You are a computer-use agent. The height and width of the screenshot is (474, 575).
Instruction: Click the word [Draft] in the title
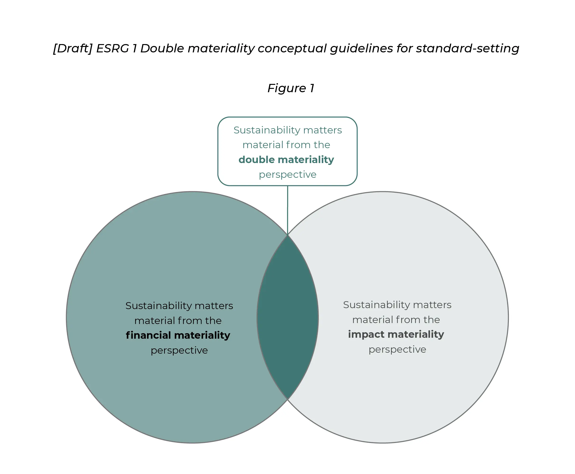coord(73,49)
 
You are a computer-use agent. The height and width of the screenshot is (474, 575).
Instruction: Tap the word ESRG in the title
coord(113,48)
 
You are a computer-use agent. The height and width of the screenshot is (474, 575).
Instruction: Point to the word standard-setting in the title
coord(467,49)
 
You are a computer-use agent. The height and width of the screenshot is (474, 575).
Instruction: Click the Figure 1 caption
coord(291,88)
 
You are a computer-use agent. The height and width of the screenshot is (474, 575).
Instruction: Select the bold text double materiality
coord(286,160)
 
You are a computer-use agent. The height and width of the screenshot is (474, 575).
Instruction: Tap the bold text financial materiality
coord(178,335)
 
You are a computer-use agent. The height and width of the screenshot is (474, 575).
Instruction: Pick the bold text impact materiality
coord(396,334)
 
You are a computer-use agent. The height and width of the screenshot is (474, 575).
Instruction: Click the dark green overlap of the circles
coord(288,317)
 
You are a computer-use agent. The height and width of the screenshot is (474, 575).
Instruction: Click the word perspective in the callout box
coord(288,174)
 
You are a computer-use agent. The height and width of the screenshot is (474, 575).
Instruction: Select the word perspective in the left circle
coord(179,350)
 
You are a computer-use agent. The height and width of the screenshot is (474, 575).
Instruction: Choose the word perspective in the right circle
coord(397,350)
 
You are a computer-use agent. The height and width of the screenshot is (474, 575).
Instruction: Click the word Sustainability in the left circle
coord(158,306)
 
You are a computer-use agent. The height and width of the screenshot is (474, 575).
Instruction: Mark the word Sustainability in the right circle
coord(376,305)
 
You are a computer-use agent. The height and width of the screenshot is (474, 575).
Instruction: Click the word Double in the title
coord(162,48)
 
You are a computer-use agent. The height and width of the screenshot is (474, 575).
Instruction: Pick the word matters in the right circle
coord(432,305)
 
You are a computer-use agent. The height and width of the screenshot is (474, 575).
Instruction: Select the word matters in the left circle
coord(214,306)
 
